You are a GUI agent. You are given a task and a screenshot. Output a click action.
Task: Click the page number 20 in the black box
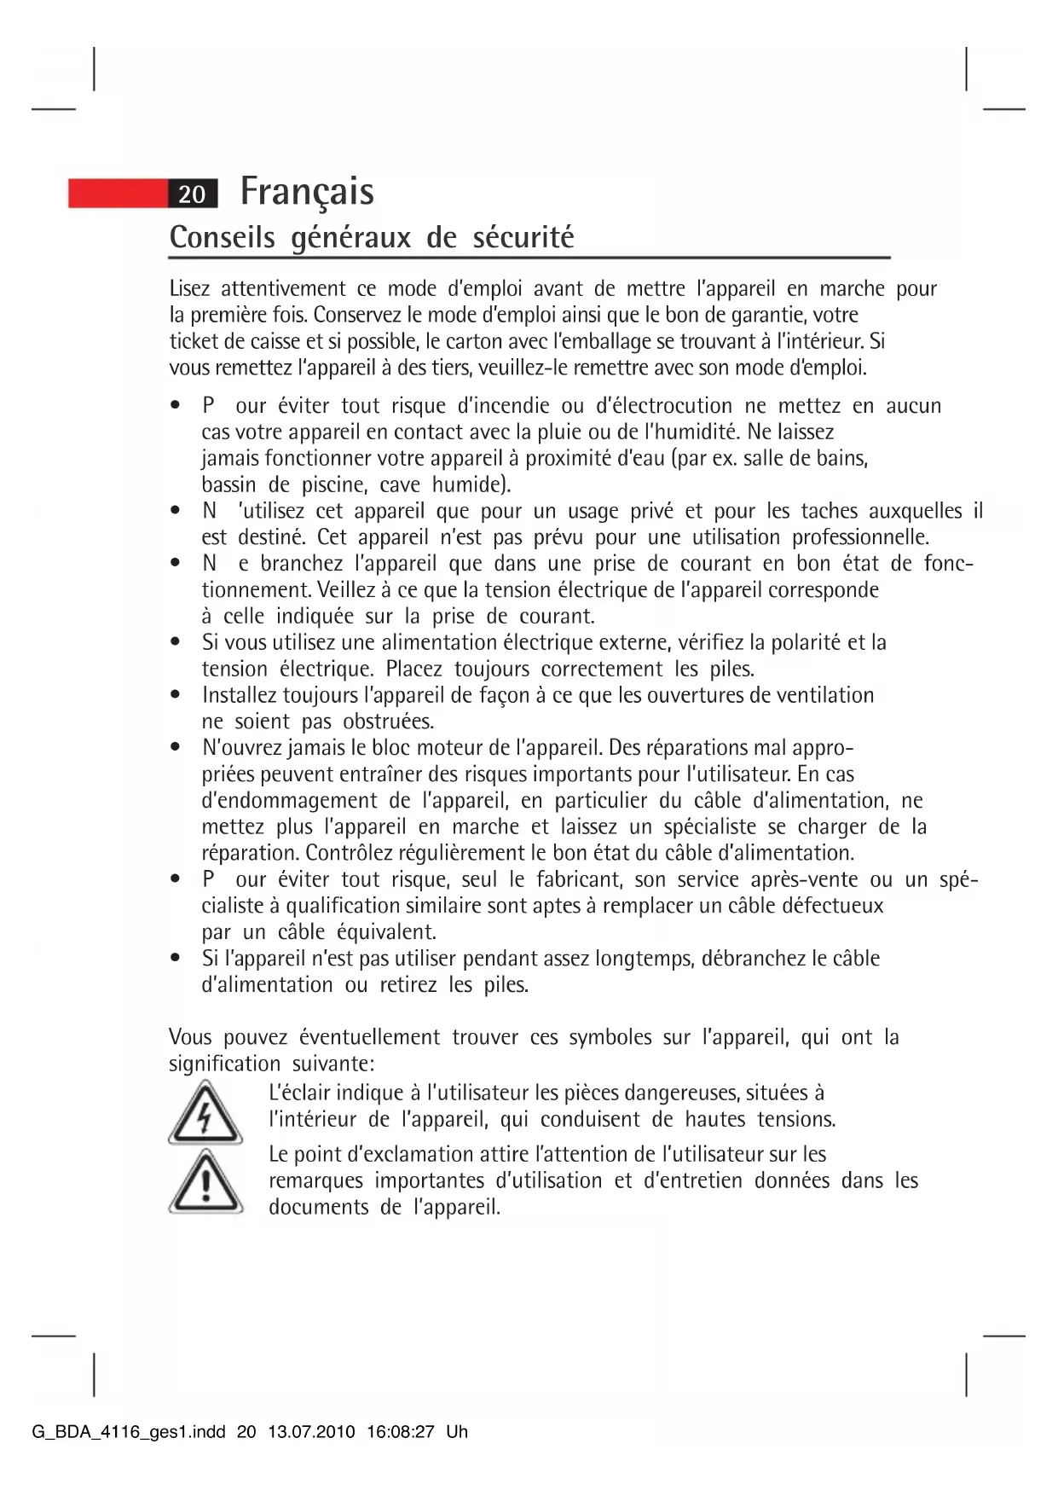193,194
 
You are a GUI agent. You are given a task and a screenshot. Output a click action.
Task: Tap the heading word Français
307,191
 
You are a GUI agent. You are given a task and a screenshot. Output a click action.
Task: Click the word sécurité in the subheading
523,237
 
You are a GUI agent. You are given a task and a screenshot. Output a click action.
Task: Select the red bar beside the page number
118,194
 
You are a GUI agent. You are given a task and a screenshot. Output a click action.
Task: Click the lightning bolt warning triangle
205,1112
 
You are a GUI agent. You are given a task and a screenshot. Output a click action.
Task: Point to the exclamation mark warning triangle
205,1182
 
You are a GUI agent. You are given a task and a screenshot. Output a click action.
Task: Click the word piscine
334,485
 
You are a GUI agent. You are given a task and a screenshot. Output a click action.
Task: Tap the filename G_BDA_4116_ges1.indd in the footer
129,1432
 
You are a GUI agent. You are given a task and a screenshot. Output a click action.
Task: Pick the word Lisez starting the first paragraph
189,289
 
